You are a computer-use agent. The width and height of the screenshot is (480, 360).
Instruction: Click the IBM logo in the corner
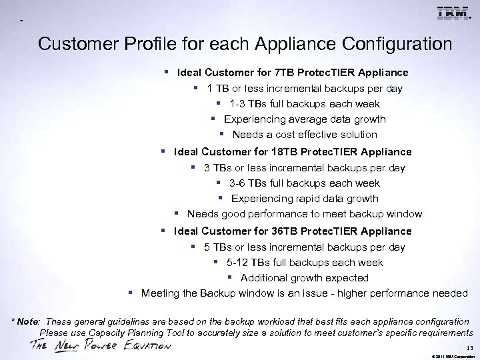click(453, 13)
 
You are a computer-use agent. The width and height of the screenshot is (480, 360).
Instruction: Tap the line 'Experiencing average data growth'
click(305, 119)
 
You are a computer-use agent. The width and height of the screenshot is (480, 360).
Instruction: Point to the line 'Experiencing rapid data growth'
click(305, 199)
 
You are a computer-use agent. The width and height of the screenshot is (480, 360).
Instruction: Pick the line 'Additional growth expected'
click(304, 278)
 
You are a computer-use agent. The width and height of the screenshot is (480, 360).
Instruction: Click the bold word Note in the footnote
click(29, 321)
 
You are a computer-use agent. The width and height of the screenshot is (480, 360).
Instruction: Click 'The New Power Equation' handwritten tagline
click(100, 346)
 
